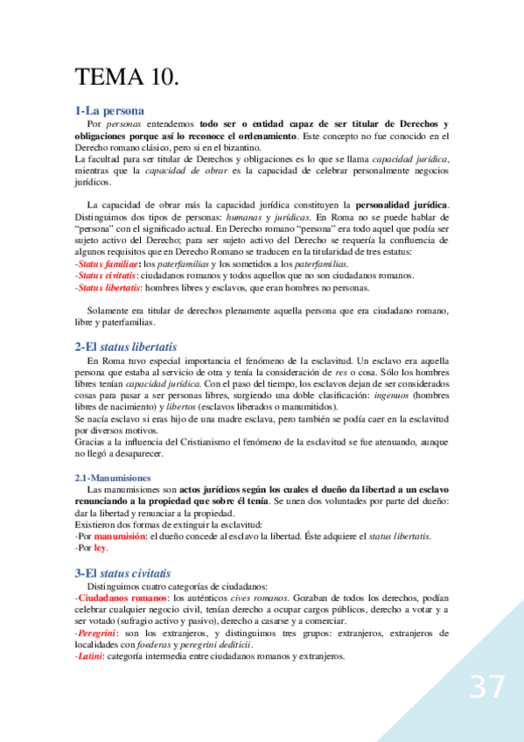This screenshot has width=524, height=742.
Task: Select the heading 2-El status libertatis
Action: pyautogui.click(x=125, y=346)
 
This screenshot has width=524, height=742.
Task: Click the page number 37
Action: pyautogui.click(x=486, y=687)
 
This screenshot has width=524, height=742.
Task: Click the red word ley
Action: pyautogui.click(x=100, y=549)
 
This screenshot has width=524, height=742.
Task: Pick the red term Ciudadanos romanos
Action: pyautogui.click(x=116, y=597)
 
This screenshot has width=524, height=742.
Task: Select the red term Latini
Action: pyautogui.click(x=91, y=657)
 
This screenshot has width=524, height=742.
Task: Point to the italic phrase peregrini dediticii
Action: pyautogui.click(x=217, y=645)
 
